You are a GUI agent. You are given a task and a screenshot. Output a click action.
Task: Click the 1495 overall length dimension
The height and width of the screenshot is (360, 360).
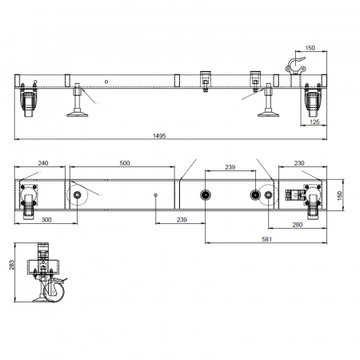coord(159,136)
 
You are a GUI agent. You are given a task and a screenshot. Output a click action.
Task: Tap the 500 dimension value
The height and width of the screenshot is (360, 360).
coord(125,163)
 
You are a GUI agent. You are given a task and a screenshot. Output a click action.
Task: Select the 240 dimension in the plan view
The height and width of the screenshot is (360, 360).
coord(43,163)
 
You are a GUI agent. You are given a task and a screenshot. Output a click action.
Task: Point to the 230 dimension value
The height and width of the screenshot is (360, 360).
coord(299,163)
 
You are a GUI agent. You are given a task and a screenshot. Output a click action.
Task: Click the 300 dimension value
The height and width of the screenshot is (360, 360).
coord(46,220)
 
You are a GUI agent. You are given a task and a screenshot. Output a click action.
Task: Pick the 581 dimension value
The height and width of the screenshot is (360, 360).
coord(266,239)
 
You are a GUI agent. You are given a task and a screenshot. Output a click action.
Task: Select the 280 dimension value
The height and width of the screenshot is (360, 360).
coord(298,225)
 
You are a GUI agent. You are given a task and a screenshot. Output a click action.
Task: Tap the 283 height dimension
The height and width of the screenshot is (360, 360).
coord(12,265)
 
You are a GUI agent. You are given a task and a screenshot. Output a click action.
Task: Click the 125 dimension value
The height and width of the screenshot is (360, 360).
coord(314,122)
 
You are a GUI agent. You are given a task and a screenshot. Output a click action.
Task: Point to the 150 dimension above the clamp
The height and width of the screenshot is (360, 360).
coord(310,48)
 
